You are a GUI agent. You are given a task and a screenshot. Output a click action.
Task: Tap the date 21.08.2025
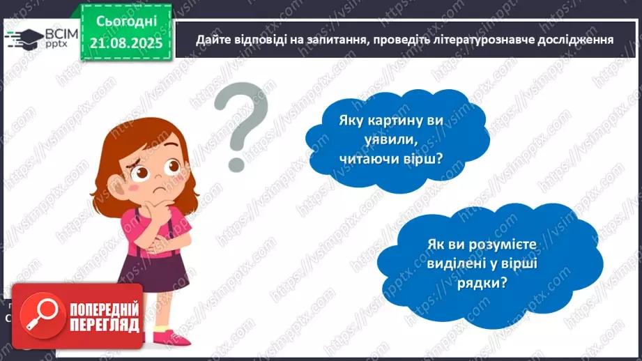coord(128,43)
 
